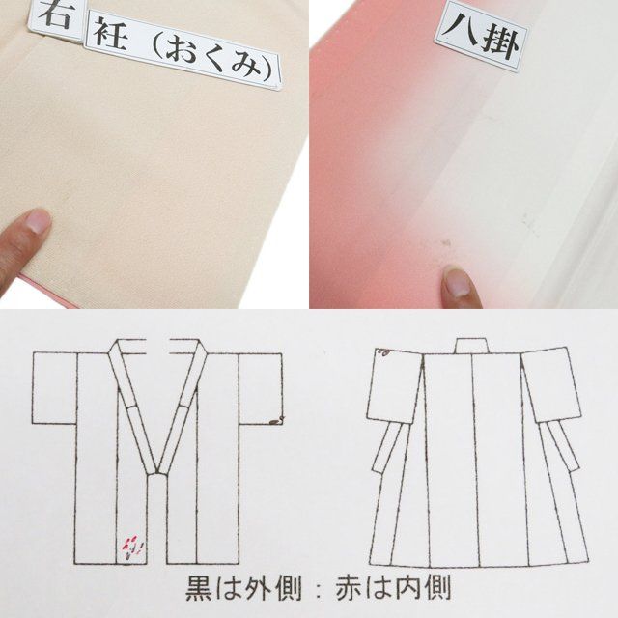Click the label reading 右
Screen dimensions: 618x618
pyautogui.click(x=56, y=17)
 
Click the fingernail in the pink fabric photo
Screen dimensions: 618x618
pyautogui.click(x=457, y=283)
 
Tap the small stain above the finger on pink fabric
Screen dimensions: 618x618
pyautogui.click(x=446, y=242)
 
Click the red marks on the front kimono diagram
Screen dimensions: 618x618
pyautogui.click(x=131, y=547)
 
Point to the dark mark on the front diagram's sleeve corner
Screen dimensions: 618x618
pyautogui.click(x=277, y=420)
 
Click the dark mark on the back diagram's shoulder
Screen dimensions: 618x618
pyautogui.click(x=383, y=351)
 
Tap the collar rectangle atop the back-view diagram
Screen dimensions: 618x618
pyautogui.click(x=472, y=346)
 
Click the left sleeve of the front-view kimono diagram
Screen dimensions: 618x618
pyautogui.click(x=55, y=388)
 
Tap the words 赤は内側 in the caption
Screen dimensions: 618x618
pyautogui.click(x=393, y=588)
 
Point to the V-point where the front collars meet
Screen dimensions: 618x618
pyautogui.click(x=156, y=472)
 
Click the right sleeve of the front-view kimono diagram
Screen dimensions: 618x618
pyautogui.click(x=261, y=388)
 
